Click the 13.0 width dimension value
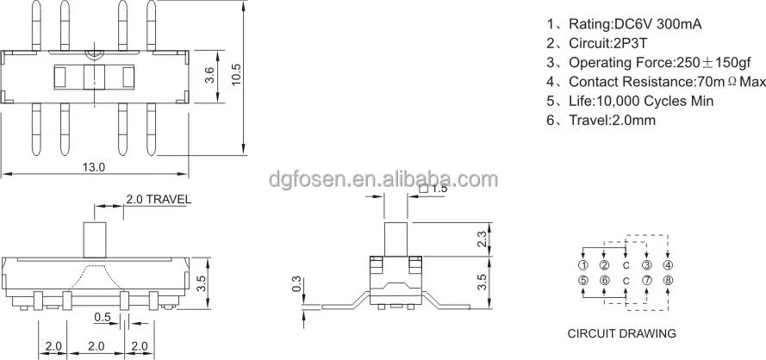coord(94,167)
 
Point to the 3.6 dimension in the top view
coord(209,75)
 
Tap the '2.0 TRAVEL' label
coord(159,199)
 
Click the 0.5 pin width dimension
coord(101,315)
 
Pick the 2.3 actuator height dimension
coord(482,238)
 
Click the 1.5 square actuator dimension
coord(435,188)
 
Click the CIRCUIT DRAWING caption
coord(620,333)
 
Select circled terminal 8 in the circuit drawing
coord(668,280)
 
